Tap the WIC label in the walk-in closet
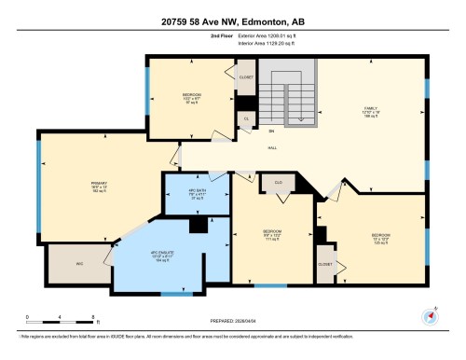79,264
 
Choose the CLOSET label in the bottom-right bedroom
326,264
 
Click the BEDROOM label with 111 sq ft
272,232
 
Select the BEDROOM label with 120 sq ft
382,234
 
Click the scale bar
46,315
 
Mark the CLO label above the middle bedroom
279,183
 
